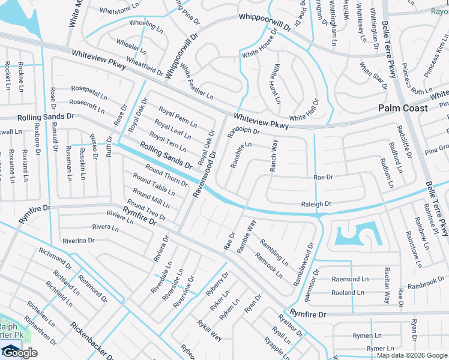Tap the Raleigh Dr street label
316,205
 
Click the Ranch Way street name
274,155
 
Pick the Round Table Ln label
154,185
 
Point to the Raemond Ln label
350,280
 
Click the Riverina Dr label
76,241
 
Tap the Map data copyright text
412,355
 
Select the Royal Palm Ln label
178,116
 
